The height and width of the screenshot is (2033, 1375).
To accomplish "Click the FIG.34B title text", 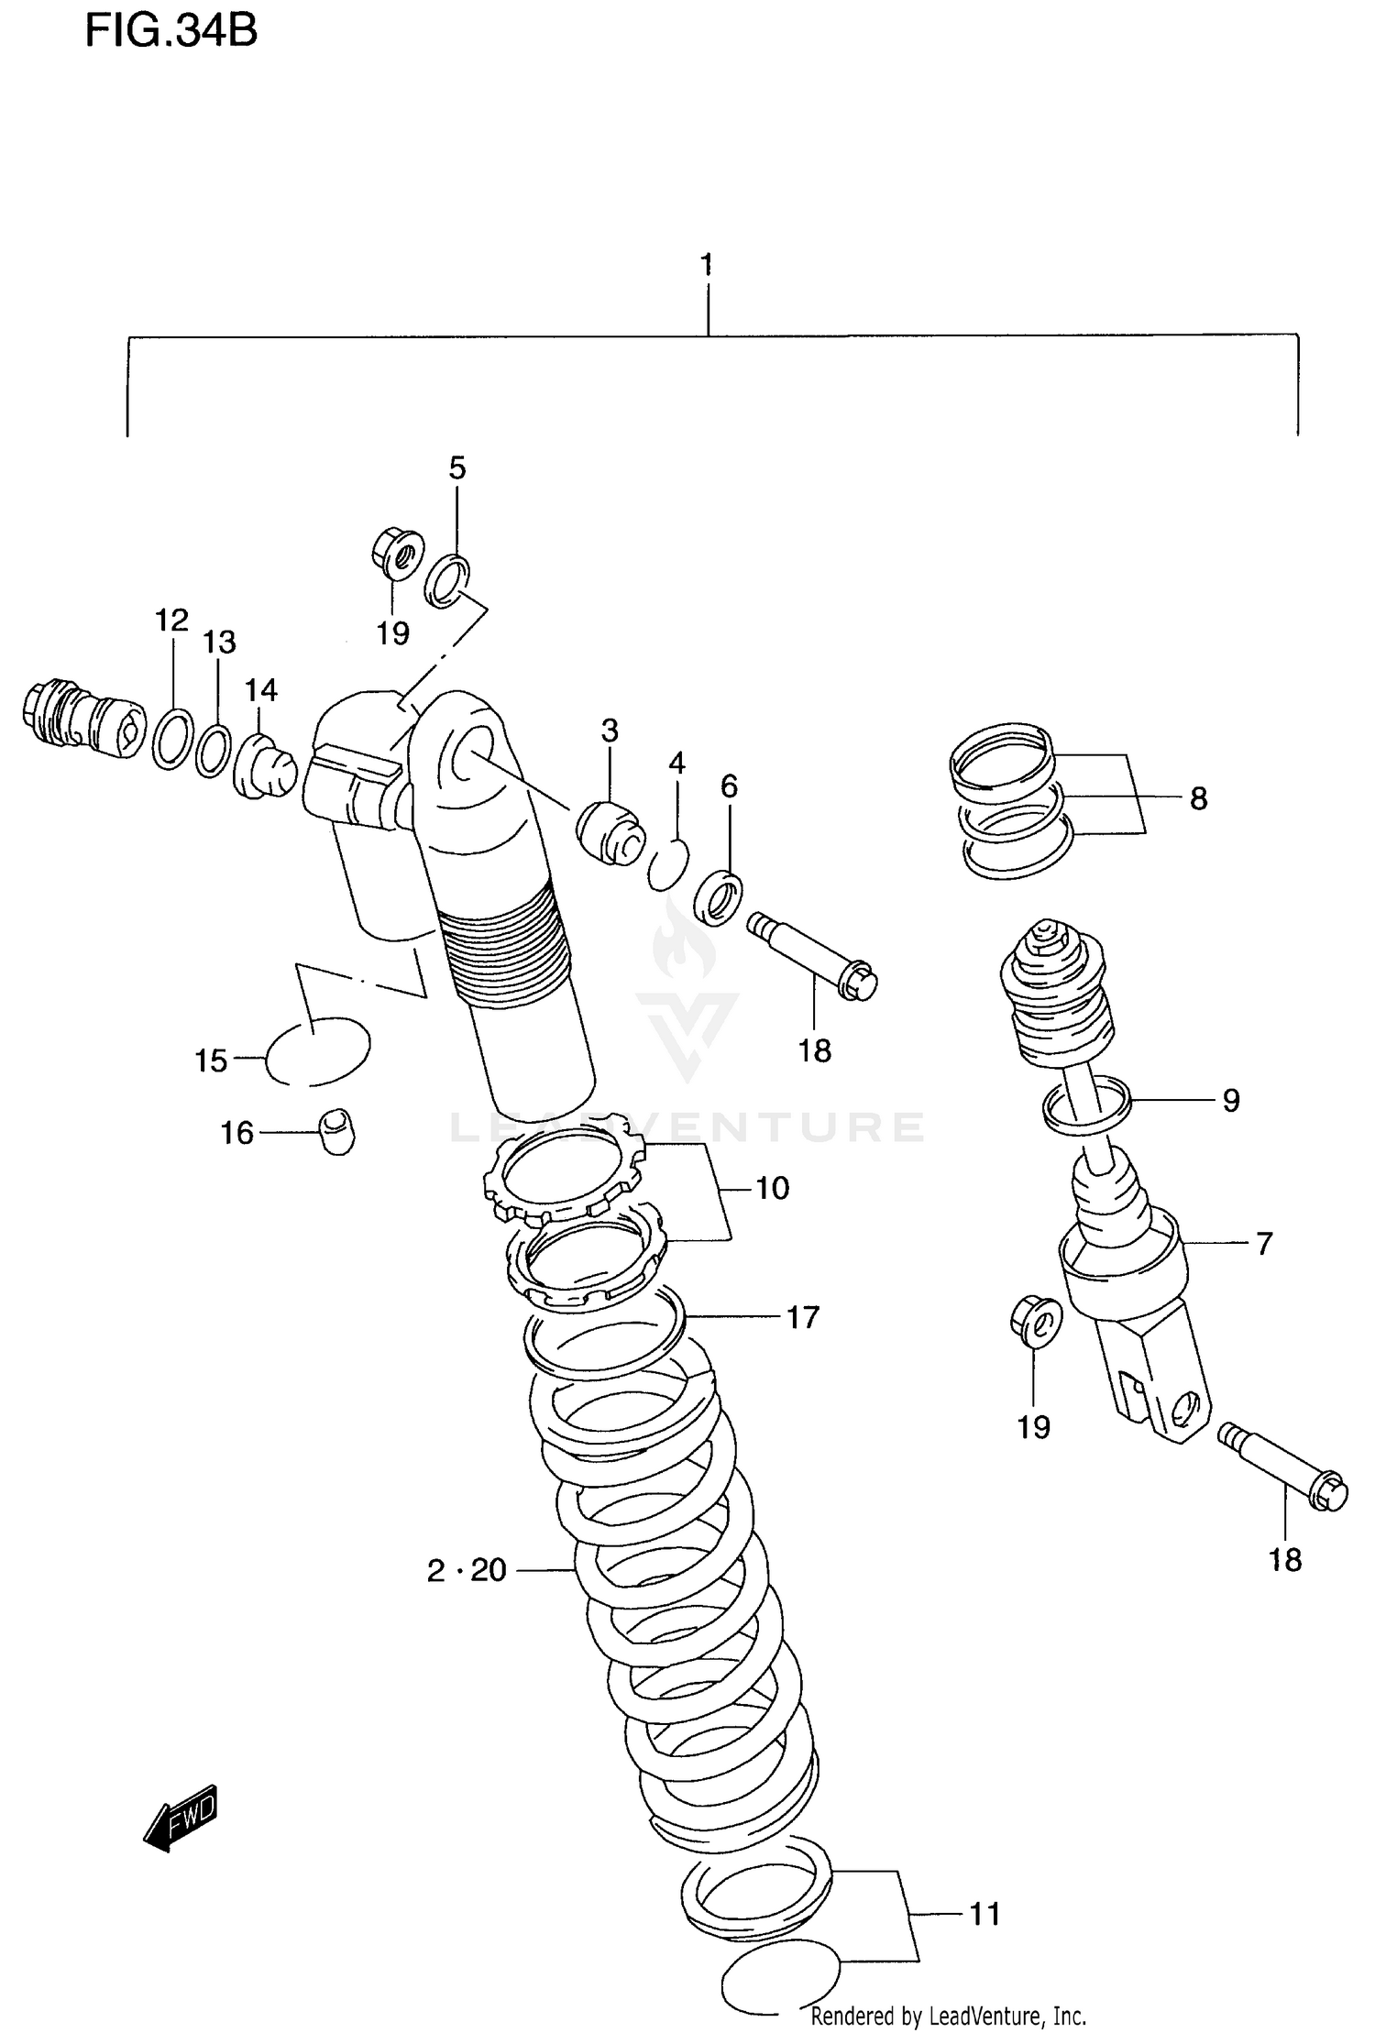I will [x=170, y=32].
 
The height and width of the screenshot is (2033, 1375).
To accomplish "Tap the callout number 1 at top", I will [x=706, y=266].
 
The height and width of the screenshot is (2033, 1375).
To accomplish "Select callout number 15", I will [x=211, y=1061].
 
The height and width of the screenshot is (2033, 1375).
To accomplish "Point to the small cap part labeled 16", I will [x=337, y=1131].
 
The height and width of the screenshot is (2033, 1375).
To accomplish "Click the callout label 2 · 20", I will [x=467, y=1570].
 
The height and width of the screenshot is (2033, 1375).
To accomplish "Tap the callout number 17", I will [x=802, y=1317].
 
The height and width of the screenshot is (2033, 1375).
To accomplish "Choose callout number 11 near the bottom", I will [x=984, y=1914].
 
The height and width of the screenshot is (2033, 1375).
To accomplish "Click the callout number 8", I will [x=1198, y=799].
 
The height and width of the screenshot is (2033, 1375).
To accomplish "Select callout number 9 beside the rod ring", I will [x=1231, y=1100].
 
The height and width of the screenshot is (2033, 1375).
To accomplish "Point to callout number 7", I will [x=1264, y=1244].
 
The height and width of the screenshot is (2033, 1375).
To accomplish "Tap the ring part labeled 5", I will [x=448, y=580].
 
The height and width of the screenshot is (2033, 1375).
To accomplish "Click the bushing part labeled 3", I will [x=610, y=830].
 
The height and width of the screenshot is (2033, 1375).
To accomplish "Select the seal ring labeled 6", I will [x=718, y=898].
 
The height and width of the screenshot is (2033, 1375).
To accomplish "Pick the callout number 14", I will [x=261, y=690].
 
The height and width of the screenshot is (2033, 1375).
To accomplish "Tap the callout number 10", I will [x=772, y=1189].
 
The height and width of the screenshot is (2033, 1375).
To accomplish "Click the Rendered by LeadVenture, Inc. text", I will [x=948, y=2016].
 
